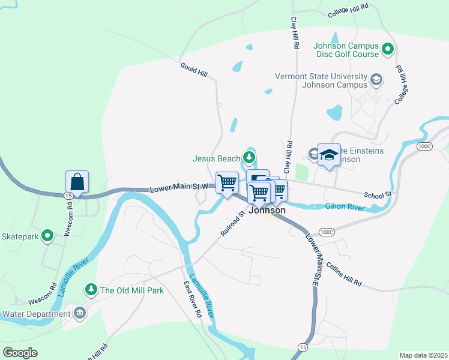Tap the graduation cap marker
point(329,155)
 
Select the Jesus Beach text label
point(216,158)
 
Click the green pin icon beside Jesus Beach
point(249,158)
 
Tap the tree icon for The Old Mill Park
point(91,290)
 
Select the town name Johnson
point(267,211)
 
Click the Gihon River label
point(345,207)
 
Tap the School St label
point(378,194)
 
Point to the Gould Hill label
point(194,69)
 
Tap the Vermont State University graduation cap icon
point(376,80)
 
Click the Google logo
point(20,352)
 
